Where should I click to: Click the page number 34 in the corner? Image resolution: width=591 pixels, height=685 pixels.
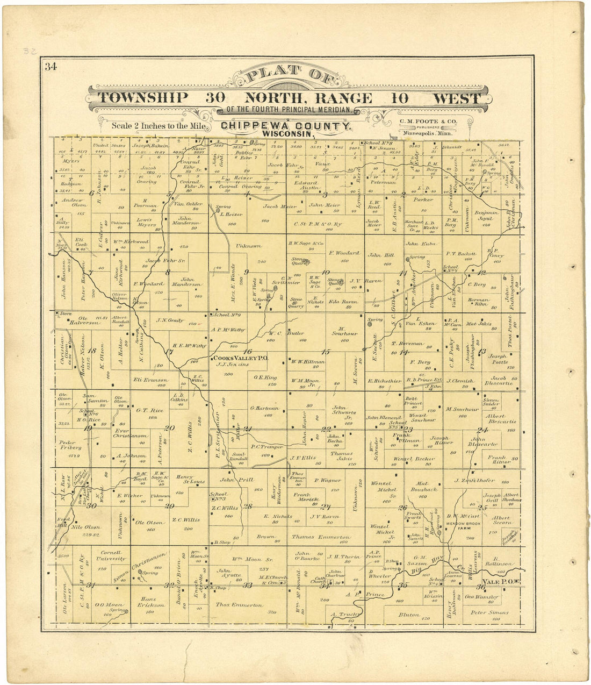pyautogui.click(x=51, y=67)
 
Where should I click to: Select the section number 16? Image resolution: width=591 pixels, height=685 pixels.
pyautogui.click(x=248, y=351)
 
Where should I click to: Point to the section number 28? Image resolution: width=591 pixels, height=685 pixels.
pyautogui.click(x=248, y=506)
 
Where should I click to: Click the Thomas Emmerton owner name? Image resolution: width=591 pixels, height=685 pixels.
pyautogui.click(x=321, y=537)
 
